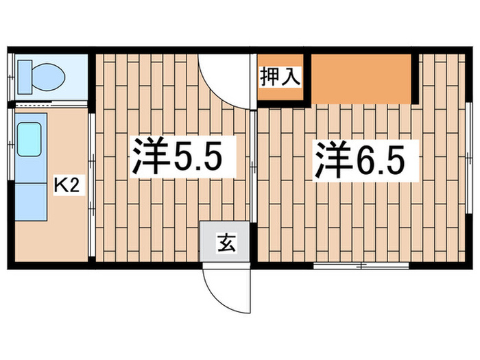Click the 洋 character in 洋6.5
pos(335,159)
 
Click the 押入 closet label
pos(280,75)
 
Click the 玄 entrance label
pos(225,243)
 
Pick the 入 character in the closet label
pos(291,75)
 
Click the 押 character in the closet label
pos(269,75)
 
